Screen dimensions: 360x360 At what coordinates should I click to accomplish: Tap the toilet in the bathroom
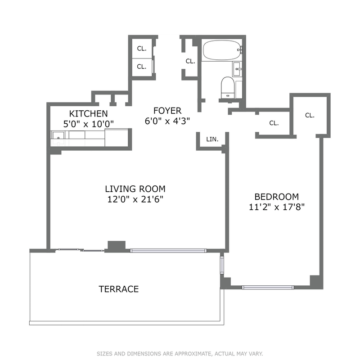[227, 87]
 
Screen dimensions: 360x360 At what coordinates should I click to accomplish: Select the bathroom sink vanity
[237, 69]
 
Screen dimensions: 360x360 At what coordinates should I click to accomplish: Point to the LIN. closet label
[212, 139]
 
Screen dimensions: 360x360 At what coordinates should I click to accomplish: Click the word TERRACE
[119, 289]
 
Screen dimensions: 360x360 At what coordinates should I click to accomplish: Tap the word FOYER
[167, 111]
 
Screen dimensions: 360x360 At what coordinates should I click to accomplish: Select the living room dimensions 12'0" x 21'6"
[135, 199]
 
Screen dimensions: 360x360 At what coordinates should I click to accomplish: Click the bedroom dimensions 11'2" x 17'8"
[277, 207]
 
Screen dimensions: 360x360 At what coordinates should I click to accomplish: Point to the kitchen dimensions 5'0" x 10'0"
[89, 124]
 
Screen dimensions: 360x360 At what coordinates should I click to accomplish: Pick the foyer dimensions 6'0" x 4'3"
[167, 121]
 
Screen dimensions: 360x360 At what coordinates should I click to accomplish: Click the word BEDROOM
[277, 197]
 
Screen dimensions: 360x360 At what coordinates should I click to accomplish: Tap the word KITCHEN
[88, 114]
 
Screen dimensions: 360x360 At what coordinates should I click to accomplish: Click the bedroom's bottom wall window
[268, 287]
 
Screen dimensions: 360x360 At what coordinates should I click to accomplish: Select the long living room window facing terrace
[168, 251]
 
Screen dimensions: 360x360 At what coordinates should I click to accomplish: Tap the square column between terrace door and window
[117, 246]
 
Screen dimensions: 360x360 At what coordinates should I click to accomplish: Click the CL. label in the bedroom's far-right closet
[310, 115]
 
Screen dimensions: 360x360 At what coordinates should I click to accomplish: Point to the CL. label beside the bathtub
[190, 61]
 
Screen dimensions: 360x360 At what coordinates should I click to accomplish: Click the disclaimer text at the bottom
[180, 353]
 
